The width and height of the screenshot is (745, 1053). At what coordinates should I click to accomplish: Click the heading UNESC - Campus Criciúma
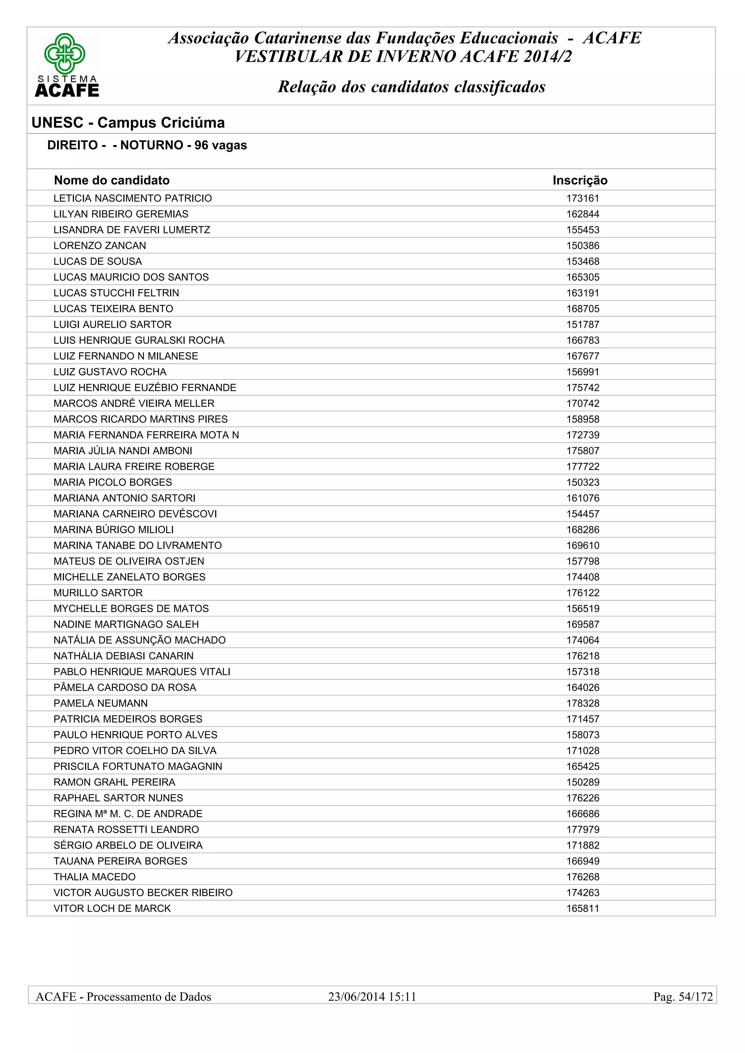tap(128, 123)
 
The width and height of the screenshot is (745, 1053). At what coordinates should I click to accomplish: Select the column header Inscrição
tap(580, 180)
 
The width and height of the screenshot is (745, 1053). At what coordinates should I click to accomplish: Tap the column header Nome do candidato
tap(111, 180)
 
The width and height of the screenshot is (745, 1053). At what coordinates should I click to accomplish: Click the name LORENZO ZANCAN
tap(100, 246)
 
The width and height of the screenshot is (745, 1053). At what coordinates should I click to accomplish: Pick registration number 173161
tap(583, 199)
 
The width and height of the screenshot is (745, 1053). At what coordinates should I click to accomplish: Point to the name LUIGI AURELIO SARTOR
tap(112, 325)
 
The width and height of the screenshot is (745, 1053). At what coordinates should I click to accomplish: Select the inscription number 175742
tap(583, 388)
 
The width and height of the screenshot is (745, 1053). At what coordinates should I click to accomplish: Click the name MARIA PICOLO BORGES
tap(112, 483)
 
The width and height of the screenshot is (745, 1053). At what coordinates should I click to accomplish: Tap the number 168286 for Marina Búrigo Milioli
tap(583, 530)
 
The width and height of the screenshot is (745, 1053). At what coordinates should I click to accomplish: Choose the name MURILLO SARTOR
tap(98, 593)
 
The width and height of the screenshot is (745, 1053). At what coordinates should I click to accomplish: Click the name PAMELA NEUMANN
tap(100, 704)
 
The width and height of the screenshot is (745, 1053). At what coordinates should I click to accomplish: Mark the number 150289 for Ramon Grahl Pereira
tap(583, 782)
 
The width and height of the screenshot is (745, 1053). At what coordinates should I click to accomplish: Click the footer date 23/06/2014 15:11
tap(372, 997)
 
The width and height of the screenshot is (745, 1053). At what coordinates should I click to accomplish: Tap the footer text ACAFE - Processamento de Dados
tap(123, 997)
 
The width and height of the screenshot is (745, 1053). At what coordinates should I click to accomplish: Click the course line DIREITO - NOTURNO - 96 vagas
tap(147, 145)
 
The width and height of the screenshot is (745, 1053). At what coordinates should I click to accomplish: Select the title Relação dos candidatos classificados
tap(411, 87)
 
